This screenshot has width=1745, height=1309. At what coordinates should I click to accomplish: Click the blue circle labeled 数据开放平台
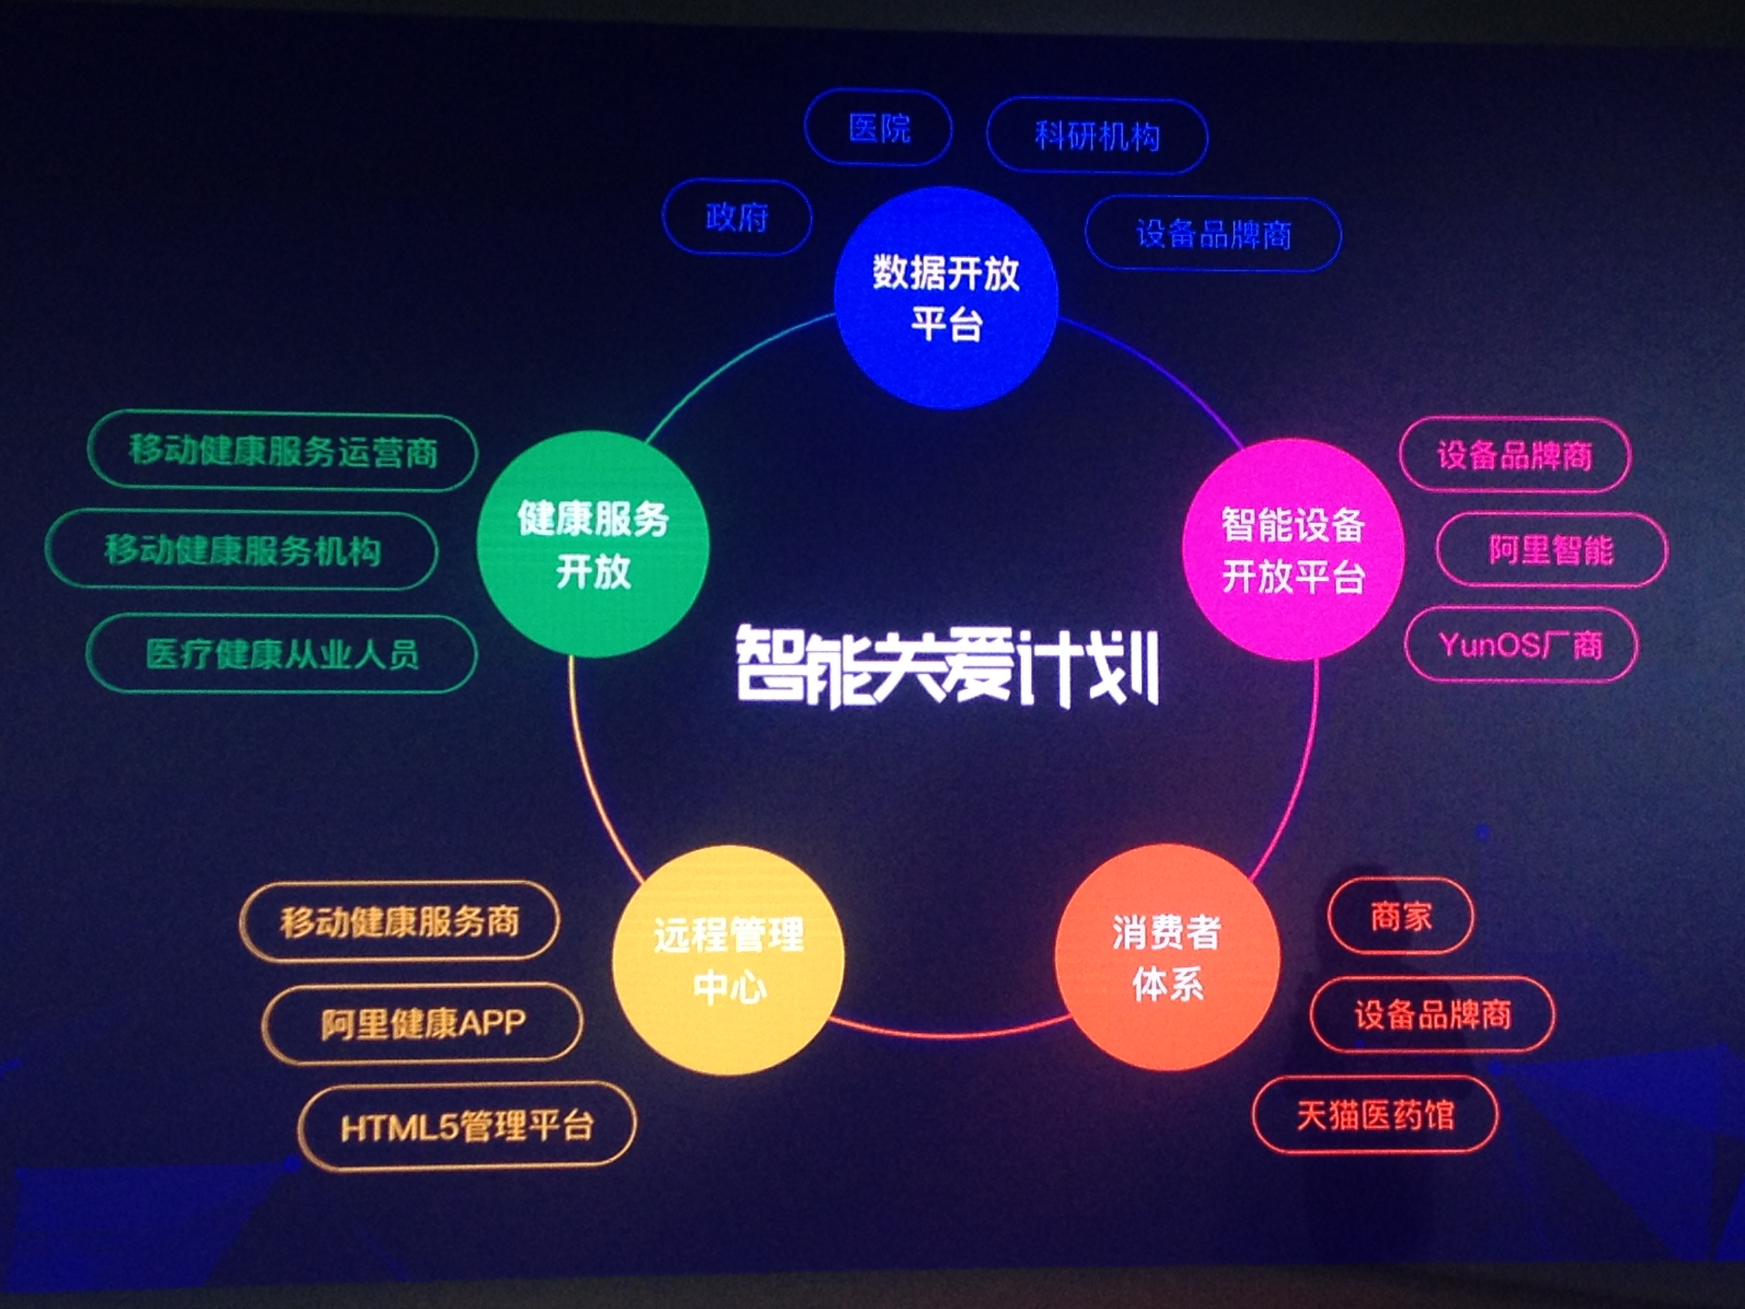pos(945,297)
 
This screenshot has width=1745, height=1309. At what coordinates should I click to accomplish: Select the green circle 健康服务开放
pos(592,544)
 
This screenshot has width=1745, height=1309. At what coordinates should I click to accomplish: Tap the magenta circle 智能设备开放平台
pos(1293,549)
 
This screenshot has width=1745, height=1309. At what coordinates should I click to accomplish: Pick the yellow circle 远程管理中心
pos(727,959)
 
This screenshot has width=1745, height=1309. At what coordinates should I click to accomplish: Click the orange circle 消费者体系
pos(1167,957)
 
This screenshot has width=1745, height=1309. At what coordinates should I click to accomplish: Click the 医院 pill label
pos(878,128)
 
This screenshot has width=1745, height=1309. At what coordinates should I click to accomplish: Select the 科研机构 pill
pos(1097,136)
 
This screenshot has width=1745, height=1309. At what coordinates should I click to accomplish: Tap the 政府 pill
pos(737,217)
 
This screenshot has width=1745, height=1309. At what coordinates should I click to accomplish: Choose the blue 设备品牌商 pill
pos(1213,234)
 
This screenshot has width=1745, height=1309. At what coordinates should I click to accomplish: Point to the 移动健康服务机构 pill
pos(242,550)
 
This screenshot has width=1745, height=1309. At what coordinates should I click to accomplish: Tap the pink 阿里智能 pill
pos(1551,550)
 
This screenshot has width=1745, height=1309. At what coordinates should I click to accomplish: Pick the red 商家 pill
pos(1400,916)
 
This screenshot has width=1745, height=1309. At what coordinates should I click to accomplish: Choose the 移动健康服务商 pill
pos(399,921)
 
